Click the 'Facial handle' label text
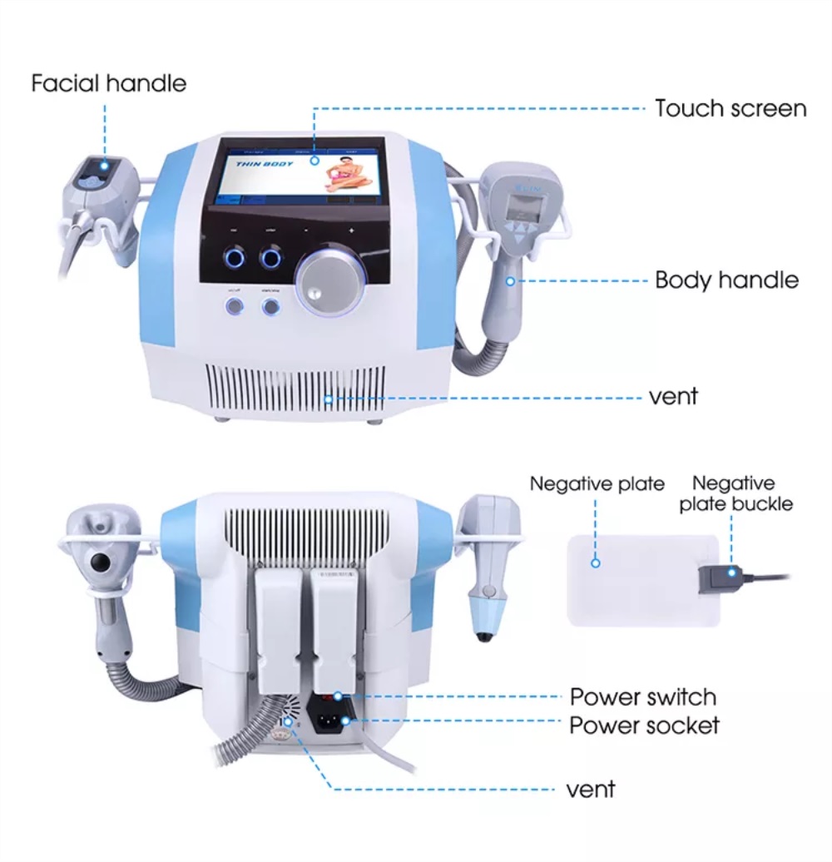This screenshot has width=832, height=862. (108, 83)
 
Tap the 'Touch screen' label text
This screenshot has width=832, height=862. (730, 108)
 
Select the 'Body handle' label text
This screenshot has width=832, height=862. (726, 280)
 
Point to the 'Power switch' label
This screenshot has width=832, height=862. (642, 696)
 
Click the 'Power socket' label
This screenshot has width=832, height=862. (644, 725)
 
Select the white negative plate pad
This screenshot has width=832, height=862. (641, 580)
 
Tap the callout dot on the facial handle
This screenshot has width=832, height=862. (106, 165)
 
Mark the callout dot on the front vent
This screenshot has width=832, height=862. (329, 399)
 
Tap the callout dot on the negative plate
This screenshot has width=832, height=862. (596, 563)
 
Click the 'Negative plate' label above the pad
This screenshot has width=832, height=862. (597, 483)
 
